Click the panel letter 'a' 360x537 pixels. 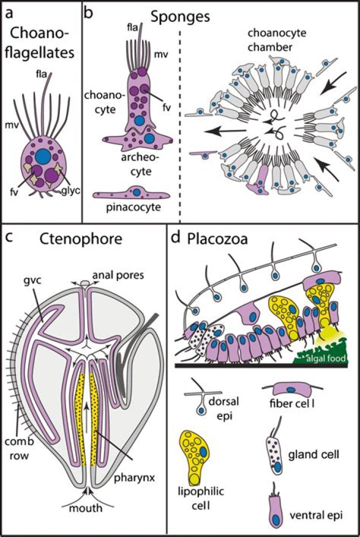[x=9, y=13]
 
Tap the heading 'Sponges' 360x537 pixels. [x=181, y=16]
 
